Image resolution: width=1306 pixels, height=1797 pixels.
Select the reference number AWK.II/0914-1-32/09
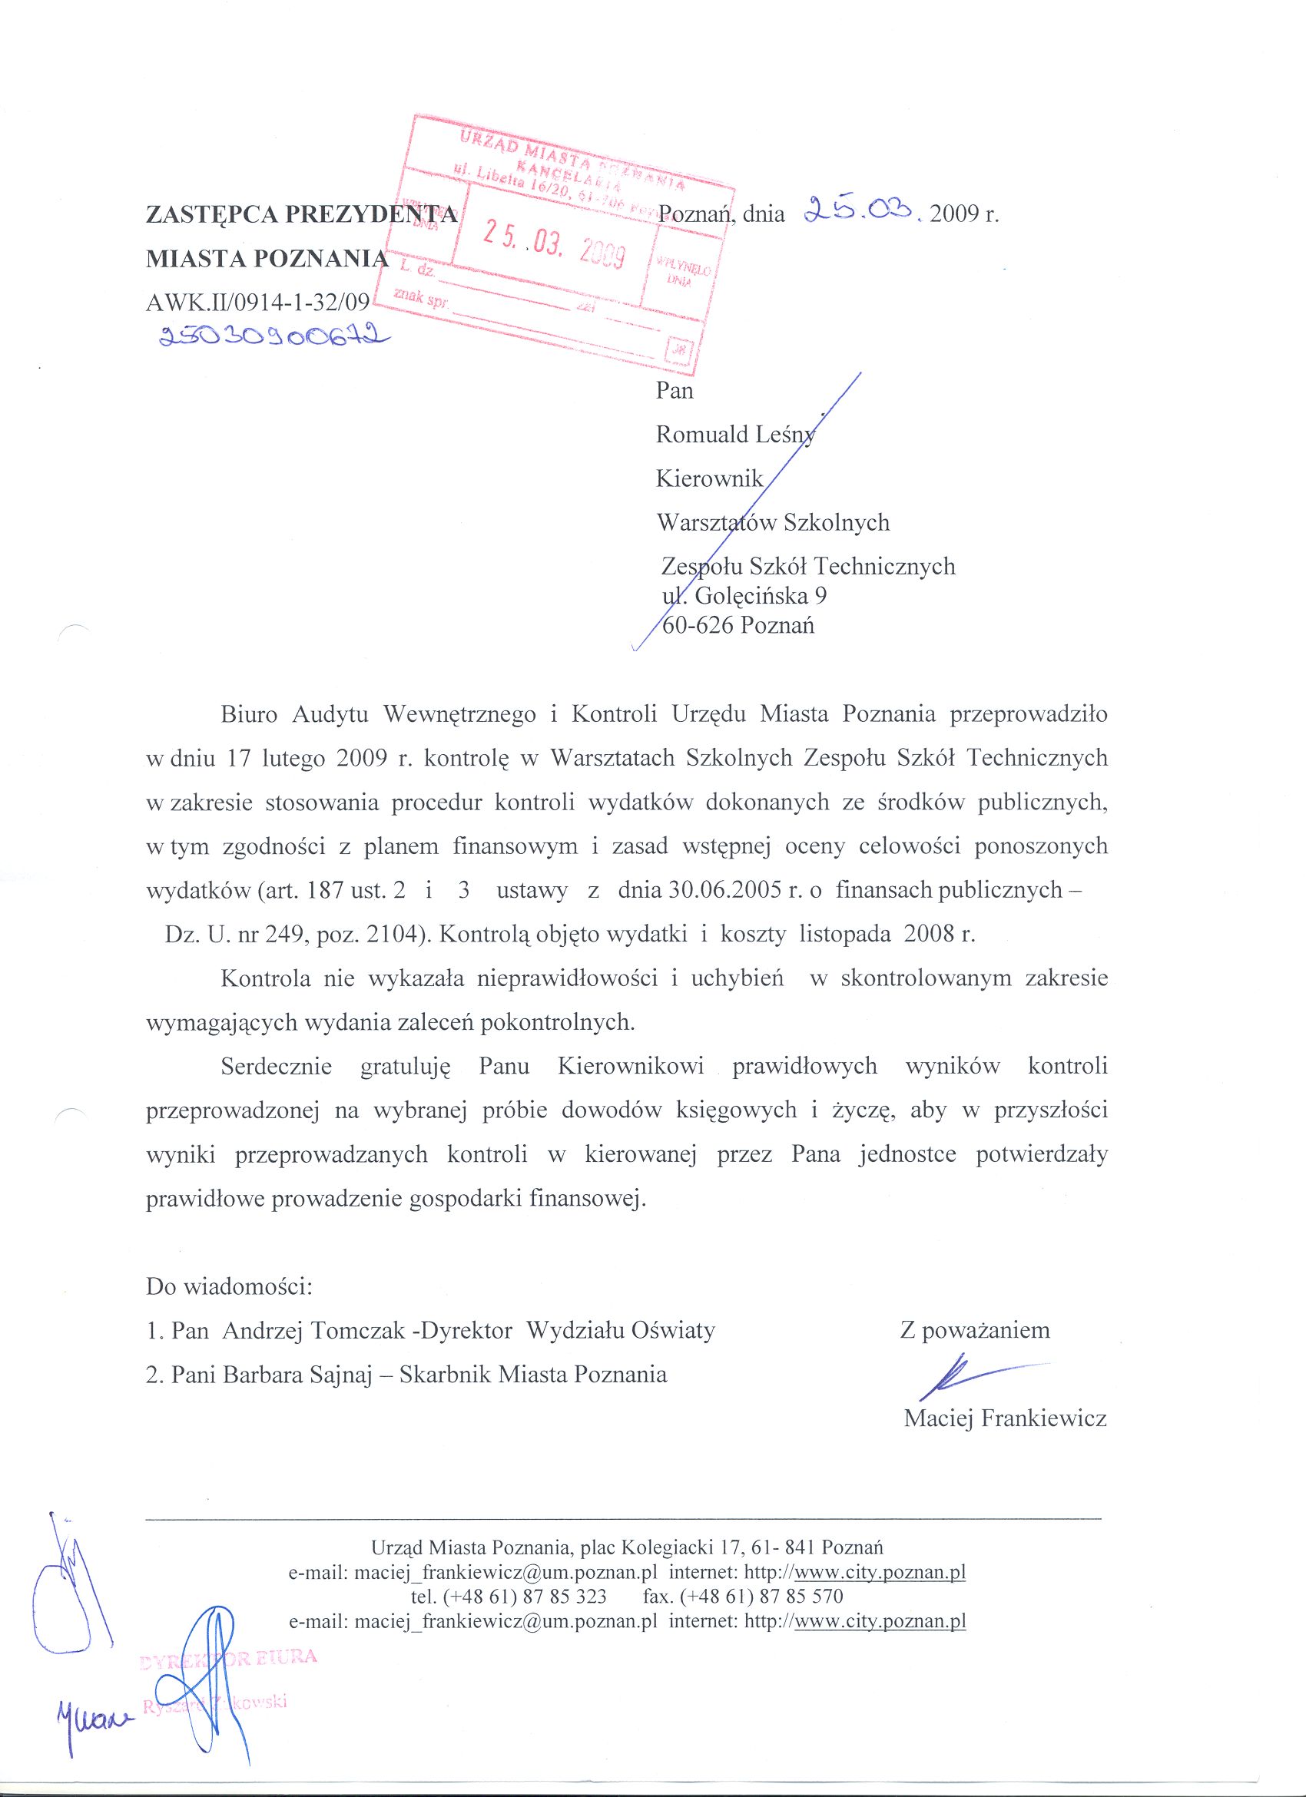(257, 302)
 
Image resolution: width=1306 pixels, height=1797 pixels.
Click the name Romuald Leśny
(734, 434)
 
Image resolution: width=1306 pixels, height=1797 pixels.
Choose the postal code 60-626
(697, 626)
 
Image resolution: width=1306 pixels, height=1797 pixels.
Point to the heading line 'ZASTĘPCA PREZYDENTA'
(301, 214)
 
